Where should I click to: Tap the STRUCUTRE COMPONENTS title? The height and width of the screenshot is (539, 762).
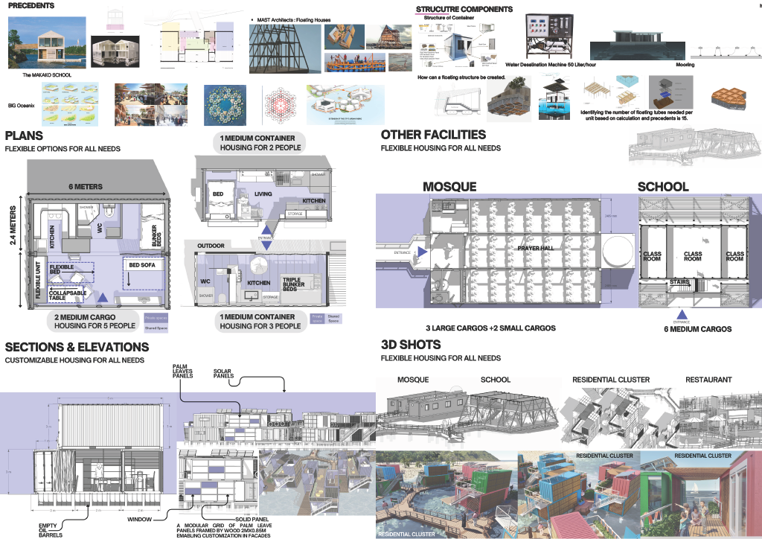[464, 9]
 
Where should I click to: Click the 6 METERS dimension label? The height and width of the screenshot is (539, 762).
[86, 187]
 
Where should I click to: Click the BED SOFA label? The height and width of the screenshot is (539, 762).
[144, 265]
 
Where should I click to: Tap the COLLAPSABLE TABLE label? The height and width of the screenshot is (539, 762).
[66, 296]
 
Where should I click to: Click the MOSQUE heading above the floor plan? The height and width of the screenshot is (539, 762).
[449, 187]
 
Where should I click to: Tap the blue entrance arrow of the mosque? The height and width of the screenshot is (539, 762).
[422, 252]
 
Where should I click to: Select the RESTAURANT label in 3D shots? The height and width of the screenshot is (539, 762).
[708, 380]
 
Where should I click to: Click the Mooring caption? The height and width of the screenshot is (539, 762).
[685, 65]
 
